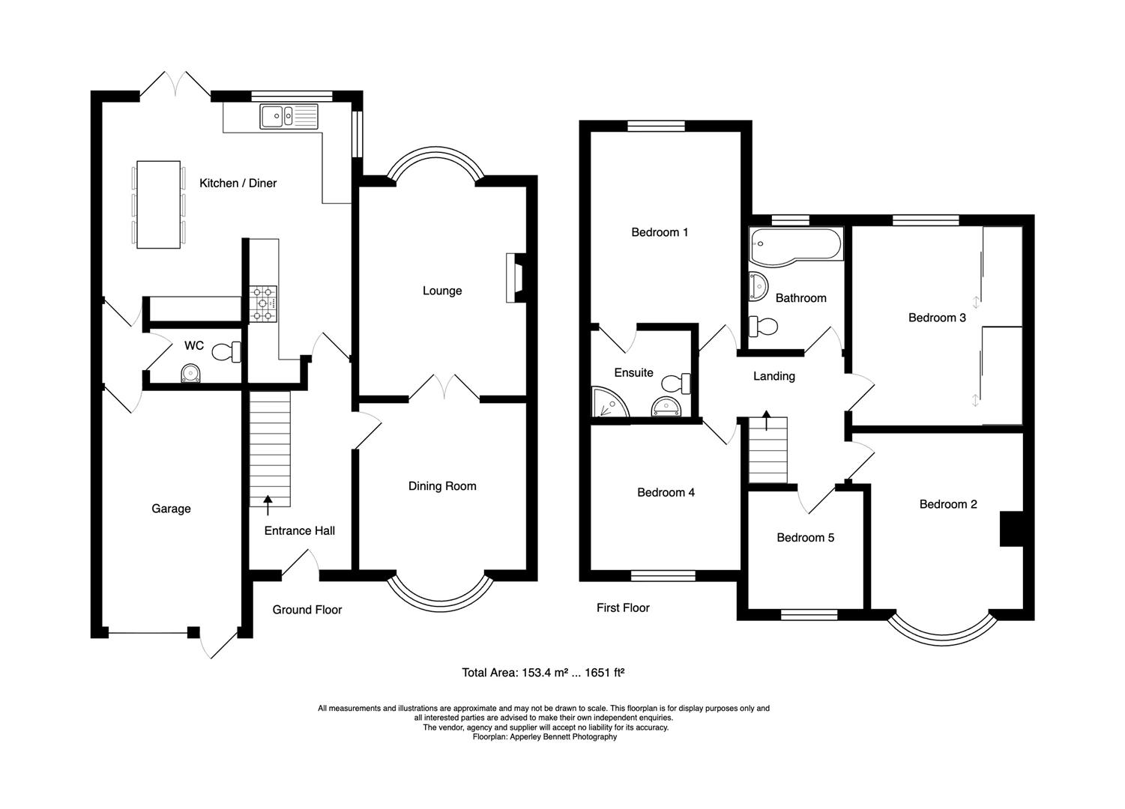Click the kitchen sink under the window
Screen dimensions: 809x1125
pyautogui.click(x=289, y=116)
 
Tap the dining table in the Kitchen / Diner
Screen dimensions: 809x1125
pyautogui.click(x=158, y=204)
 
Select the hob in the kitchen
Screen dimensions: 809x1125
pyautogui.click(x=263, y=303)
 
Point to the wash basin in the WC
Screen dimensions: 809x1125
pyautogui.click(x=192, y=373)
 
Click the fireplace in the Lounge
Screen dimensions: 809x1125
pyautogui.click(x=516, y=278)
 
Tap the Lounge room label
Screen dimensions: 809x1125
pyautogui.click(x=442, y=291)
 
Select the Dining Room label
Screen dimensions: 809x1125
pyautogui.click(x=442, y=486)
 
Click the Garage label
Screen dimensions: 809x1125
pyautogui.click(x=171, y=509)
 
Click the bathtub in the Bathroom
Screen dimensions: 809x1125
pyautogui.click(x=796, y=244)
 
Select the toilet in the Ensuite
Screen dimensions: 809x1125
pyautogui.click(x=680, y=383)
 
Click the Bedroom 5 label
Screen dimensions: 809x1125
pyautogui.click(x=805, y=538)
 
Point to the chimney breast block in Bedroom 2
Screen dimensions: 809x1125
pyautogui.click(x=1011, y=529)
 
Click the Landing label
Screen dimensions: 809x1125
pyautogui.click(x=773, y=376)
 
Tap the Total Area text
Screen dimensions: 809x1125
pyautogui.click(x=543, y=673)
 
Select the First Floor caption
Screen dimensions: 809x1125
pyautogui.click(x=623, y=607)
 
